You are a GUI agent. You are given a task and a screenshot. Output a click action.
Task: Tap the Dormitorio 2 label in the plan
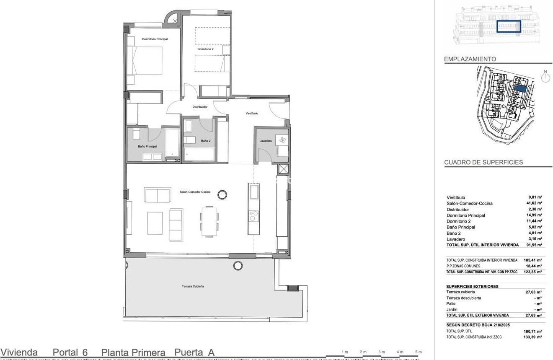pos(205,49)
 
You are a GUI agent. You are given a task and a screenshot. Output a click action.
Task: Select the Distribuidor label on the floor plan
pos(200,107)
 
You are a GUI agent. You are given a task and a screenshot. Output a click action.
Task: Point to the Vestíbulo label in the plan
pos(251,113)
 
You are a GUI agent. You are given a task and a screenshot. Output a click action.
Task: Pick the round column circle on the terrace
pos(238,265)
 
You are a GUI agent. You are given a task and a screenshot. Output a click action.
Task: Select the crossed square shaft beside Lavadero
pos(284,170)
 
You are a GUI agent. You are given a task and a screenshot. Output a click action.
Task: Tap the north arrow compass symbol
pos(545,78)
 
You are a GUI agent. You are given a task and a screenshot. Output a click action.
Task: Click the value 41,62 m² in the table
pos(534,203)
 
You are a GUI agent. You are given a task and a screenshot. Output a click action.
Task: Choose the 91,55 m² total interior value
pos(534,245)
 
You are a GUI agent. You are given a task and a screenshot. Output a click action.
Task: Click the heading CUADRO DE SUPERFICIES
pos(483,163)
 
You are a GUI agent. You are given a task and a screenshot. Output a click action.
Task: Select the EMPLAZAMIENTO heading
pos(470,60)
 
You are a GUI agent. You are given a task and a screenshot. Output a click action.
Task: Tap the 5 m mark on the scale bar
pos(418,352)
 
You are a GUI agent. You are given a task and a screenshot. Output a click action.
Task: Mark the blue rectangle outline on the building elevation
pos(509,26)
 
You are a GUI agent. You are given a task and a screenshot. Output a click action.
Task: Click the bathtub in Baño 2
pos(199,154)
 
